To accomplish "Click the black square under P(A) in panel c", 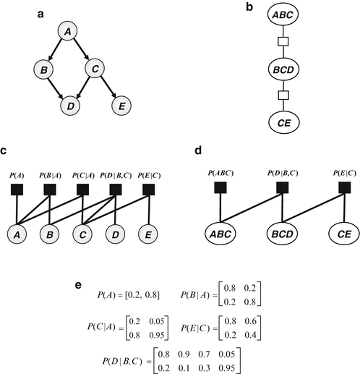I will [16, 190].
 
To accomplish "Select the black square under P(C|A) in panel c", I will [82, 190].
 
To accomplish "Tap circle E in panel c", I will [149, 234].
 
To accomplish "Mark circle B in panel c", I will [49, 234].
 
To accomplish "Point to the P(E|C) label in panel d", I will [343, 174].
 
